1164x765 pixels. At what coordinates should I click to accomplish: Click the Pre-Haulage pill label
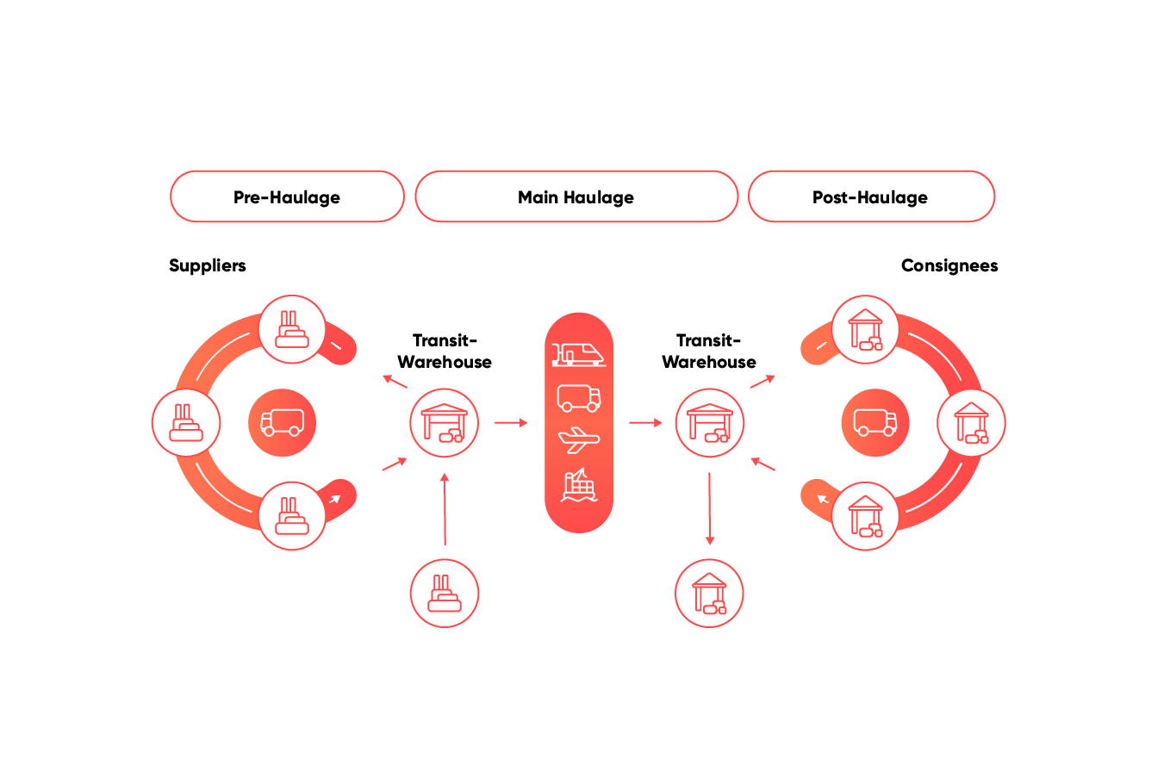(287, 197)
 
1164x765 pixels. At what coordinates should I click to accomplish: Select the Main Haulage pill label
(576, 197)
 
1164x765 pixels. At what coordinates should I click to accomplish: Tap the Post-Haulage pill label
(870, 197)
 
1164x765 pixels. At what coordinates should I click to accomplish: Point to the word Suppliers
(208, 265)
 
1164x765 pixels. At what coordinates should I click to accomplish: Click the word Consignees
(949, 265)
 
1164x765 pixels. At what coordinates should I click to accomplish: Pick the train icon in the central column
(578, 353)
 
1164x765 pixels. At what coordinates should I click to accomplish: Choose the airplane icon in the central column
(578, 440)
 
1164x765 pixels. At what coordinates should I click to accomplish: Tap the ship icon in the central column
(578, 486)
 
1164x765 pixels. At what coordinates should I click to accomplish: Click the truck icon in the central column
(578, 397)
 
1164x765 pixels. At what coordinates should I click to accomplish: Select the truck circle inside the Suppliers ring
(282, 423)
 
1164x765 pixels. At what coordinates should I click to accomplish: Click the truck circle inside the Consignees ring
(875, 423)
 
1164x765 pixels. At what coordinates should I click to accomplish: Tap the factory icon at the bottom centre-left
(445, 594)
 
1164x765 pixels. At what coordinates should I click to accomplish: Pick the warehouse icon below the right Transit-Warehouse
(709, 594)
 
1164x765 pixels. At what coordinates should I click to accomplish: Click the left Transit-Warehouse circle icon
(445, 423)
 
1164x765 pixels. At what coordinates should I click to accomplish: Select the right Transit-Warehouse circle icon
(709, 423)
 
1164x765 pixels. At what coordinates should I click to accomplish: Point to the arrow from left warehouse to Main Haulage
(511, 423)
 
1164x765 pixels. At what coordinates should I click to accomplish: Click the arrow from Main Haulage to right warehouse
(645, 423)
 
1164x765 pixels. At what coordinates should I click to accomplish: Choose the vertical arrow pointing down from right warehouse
(709, 508)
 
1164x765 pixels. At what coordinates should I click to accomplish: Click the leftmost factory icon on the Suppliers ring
(186, 423)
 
